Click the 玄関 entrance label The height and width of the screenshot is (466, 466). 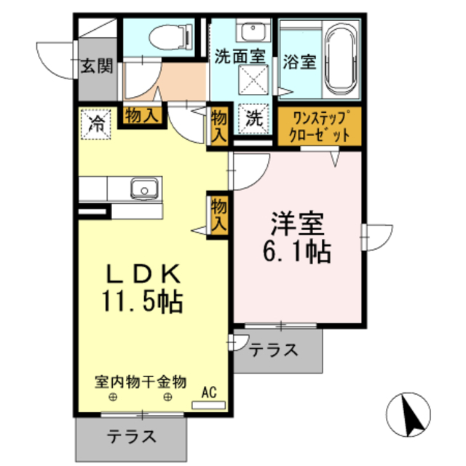click(x=96, y=68)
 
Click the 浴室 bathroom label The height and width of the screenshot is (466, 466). click(x=299, y=61)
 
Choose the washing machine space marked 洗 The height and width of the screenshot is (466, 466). click(x=253, y=118)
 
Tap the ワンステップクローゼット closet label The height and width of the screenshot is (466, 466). click(x=315, y=125)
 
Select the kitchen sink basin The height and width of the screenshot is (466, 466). click(x=143, y=190)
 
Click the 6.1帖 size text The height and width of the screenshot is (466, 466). click(x=297, y=252)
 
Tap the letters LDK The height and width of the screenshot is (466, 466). click(x=143, y=272)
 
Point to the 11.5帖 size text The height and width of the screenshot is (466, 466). click(x=144, y=301)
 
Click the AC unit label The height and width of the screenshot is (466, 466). click(x=209, y=393)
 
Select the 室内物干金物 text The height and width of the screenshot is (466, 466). click(x=141, y=381)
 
